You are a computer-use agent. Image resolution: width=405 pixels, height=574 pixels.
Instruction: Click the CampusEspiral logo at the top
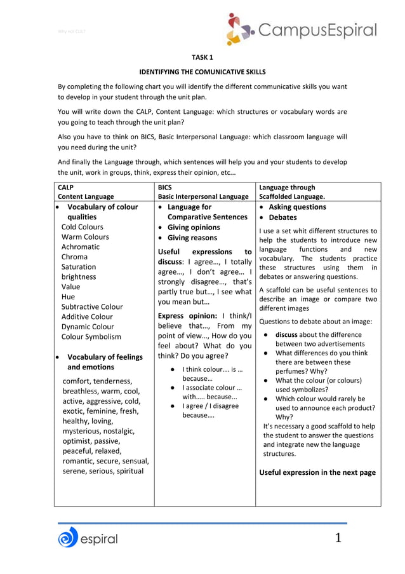coord(301,29)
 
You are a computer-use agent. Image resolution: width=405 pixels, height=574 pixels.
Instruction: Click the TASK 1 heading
coord(202,57)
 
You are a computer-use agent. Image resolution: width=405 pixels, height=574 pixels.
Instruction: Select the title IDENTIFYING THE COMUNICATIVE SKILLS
coord(202,72)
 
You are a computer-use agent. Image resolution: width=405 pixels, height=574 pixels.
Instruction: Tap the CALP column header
coord(65,188)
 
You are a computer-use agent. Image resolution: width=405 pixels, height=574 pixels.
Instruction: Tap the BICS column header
coord(165,188)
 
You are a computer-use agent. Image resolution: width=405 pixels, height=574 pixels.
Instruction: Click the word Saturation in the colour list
coord(79,267)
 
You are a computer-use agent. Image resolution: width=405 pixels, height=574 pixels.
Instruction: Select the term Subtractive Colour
coord(92,306)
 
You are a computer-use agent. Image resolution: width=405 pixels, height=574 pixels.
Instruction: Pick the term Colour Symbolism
coord(91,337)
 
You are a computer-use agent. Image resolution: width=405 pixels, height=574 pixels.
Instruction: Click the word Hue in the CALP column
coord(68,297)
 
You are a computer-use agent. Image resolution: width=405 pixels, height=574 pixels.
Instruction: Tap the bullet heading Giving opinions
coord(194,227)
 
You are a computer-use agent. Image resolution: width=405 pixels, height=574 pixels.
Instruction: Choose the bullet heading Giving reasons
coord(192,237)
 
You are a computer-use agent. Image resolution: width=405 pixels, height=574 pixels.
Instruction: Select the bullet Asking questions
coord(297,207)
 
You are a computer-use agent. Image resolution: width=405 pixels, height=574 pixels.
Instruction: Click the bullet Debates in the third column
coord(282,217)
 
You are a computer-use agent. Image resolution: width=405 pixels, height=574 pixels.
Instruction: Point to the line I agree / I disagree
coord(210,406)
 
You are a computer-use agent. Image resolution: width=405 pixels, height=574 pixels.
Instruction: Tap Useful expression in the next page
coord(317,472)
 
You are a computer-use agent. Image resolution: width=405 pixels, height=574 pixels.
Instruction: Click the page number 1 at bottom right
coord(338,538)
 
